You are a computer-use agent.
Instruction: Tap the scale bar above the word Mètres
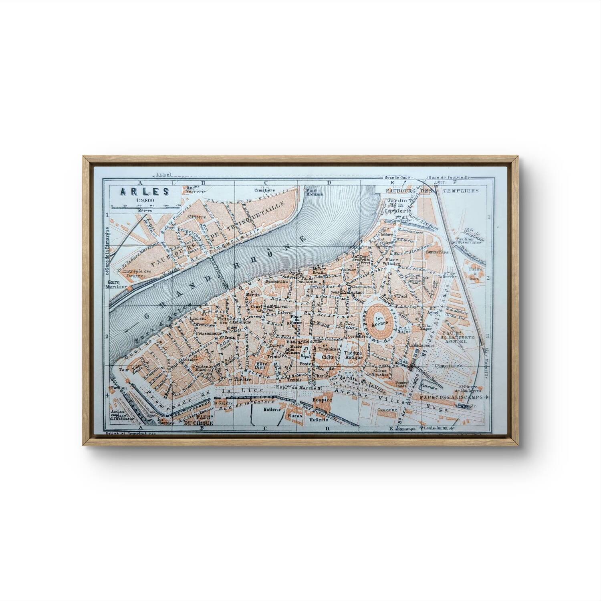(x=141, y=206)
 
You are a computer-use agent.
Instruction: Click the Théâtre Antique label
(x=353, y=355)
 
